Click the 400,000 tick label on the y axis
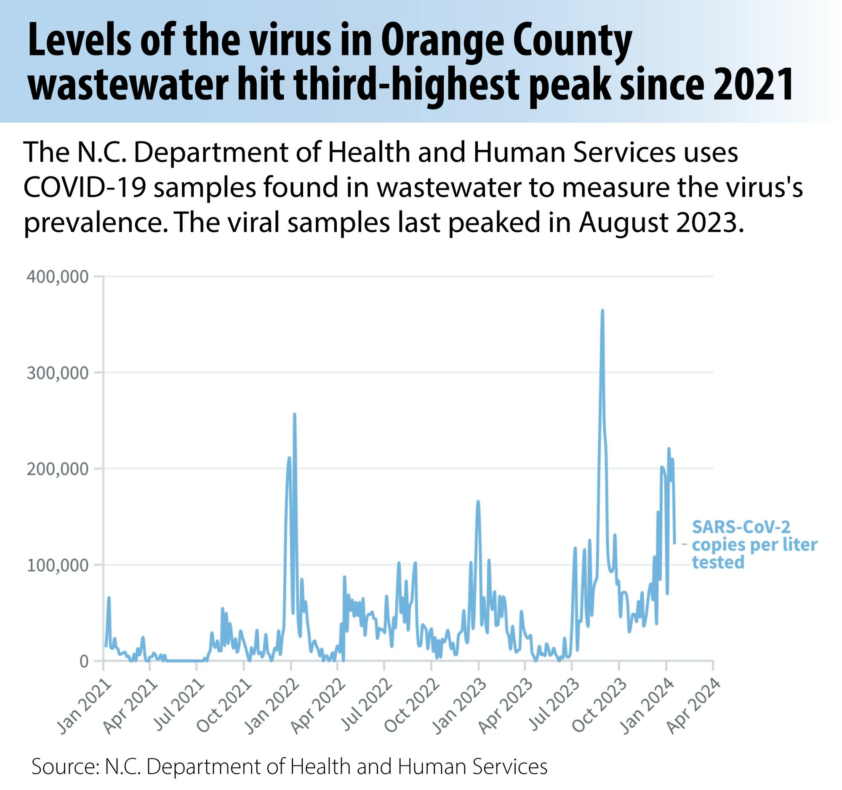click(58, 277)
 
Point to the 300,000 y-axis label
click(58, 373)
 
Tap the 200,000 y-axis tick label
click(58, 469)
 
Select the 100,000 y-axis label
click(58, 565)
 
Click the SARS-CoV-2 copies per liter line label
click(754, 545)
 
